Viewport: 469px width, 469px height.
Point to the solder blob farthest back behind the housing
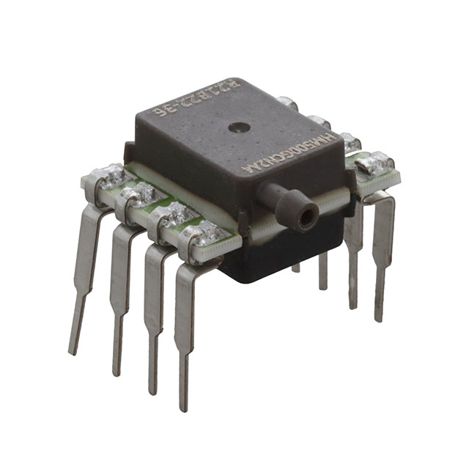(288, 103)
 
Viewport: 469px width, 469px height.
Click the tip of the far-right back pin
(379, 318)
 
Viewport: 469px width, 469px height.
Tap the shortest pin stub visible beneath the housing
(295, 267)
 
